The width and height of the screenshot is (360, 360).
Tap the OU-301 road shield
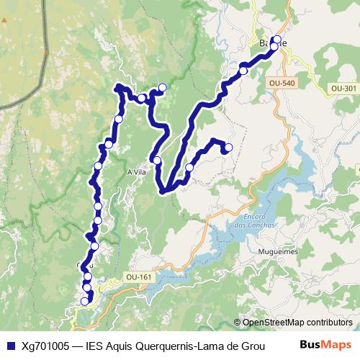pyautogui.click(x=343, y=89)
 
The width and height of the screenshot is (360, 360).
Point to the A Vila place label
pyautogui.click(x=137, y=172)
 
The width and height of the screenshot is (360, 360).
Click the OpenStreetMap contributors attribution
pyautogui.click(x=297, y=323)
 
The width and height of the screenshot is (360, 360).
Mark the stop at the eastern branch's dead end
pyautogui.click(x=228, y=148)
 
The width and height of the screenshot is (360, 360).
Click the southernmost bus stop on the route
pyautogui.click(x=85, y=302)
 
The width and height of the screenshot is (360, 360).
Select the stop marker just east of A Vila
pyautogui.click(x=157, y=160)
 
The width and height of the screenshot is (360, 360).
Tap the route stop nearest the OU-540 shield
pyautogui.click(x=243, y=71)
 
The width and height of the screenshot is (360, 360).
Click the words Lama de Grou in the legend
pyautogui.click(x=231, y=346)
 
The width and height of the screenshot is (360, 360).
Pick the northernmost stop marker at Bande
pyautogui.click(x=276, y=40)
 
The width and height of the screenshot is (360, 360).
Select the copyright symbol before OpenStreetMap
pyautogui.click(x=238, y=323)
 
